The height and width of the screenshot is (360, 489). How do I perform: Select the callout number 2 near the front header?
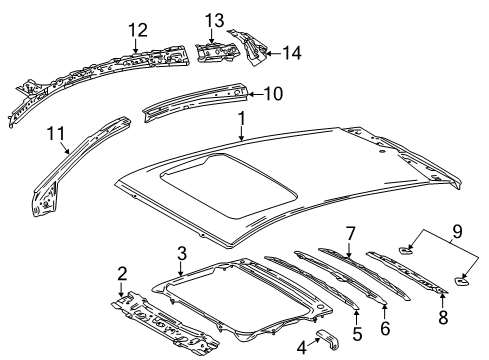coord(122,273)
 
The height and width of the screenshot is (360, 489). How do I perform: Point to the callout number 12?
coord(136,29)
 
